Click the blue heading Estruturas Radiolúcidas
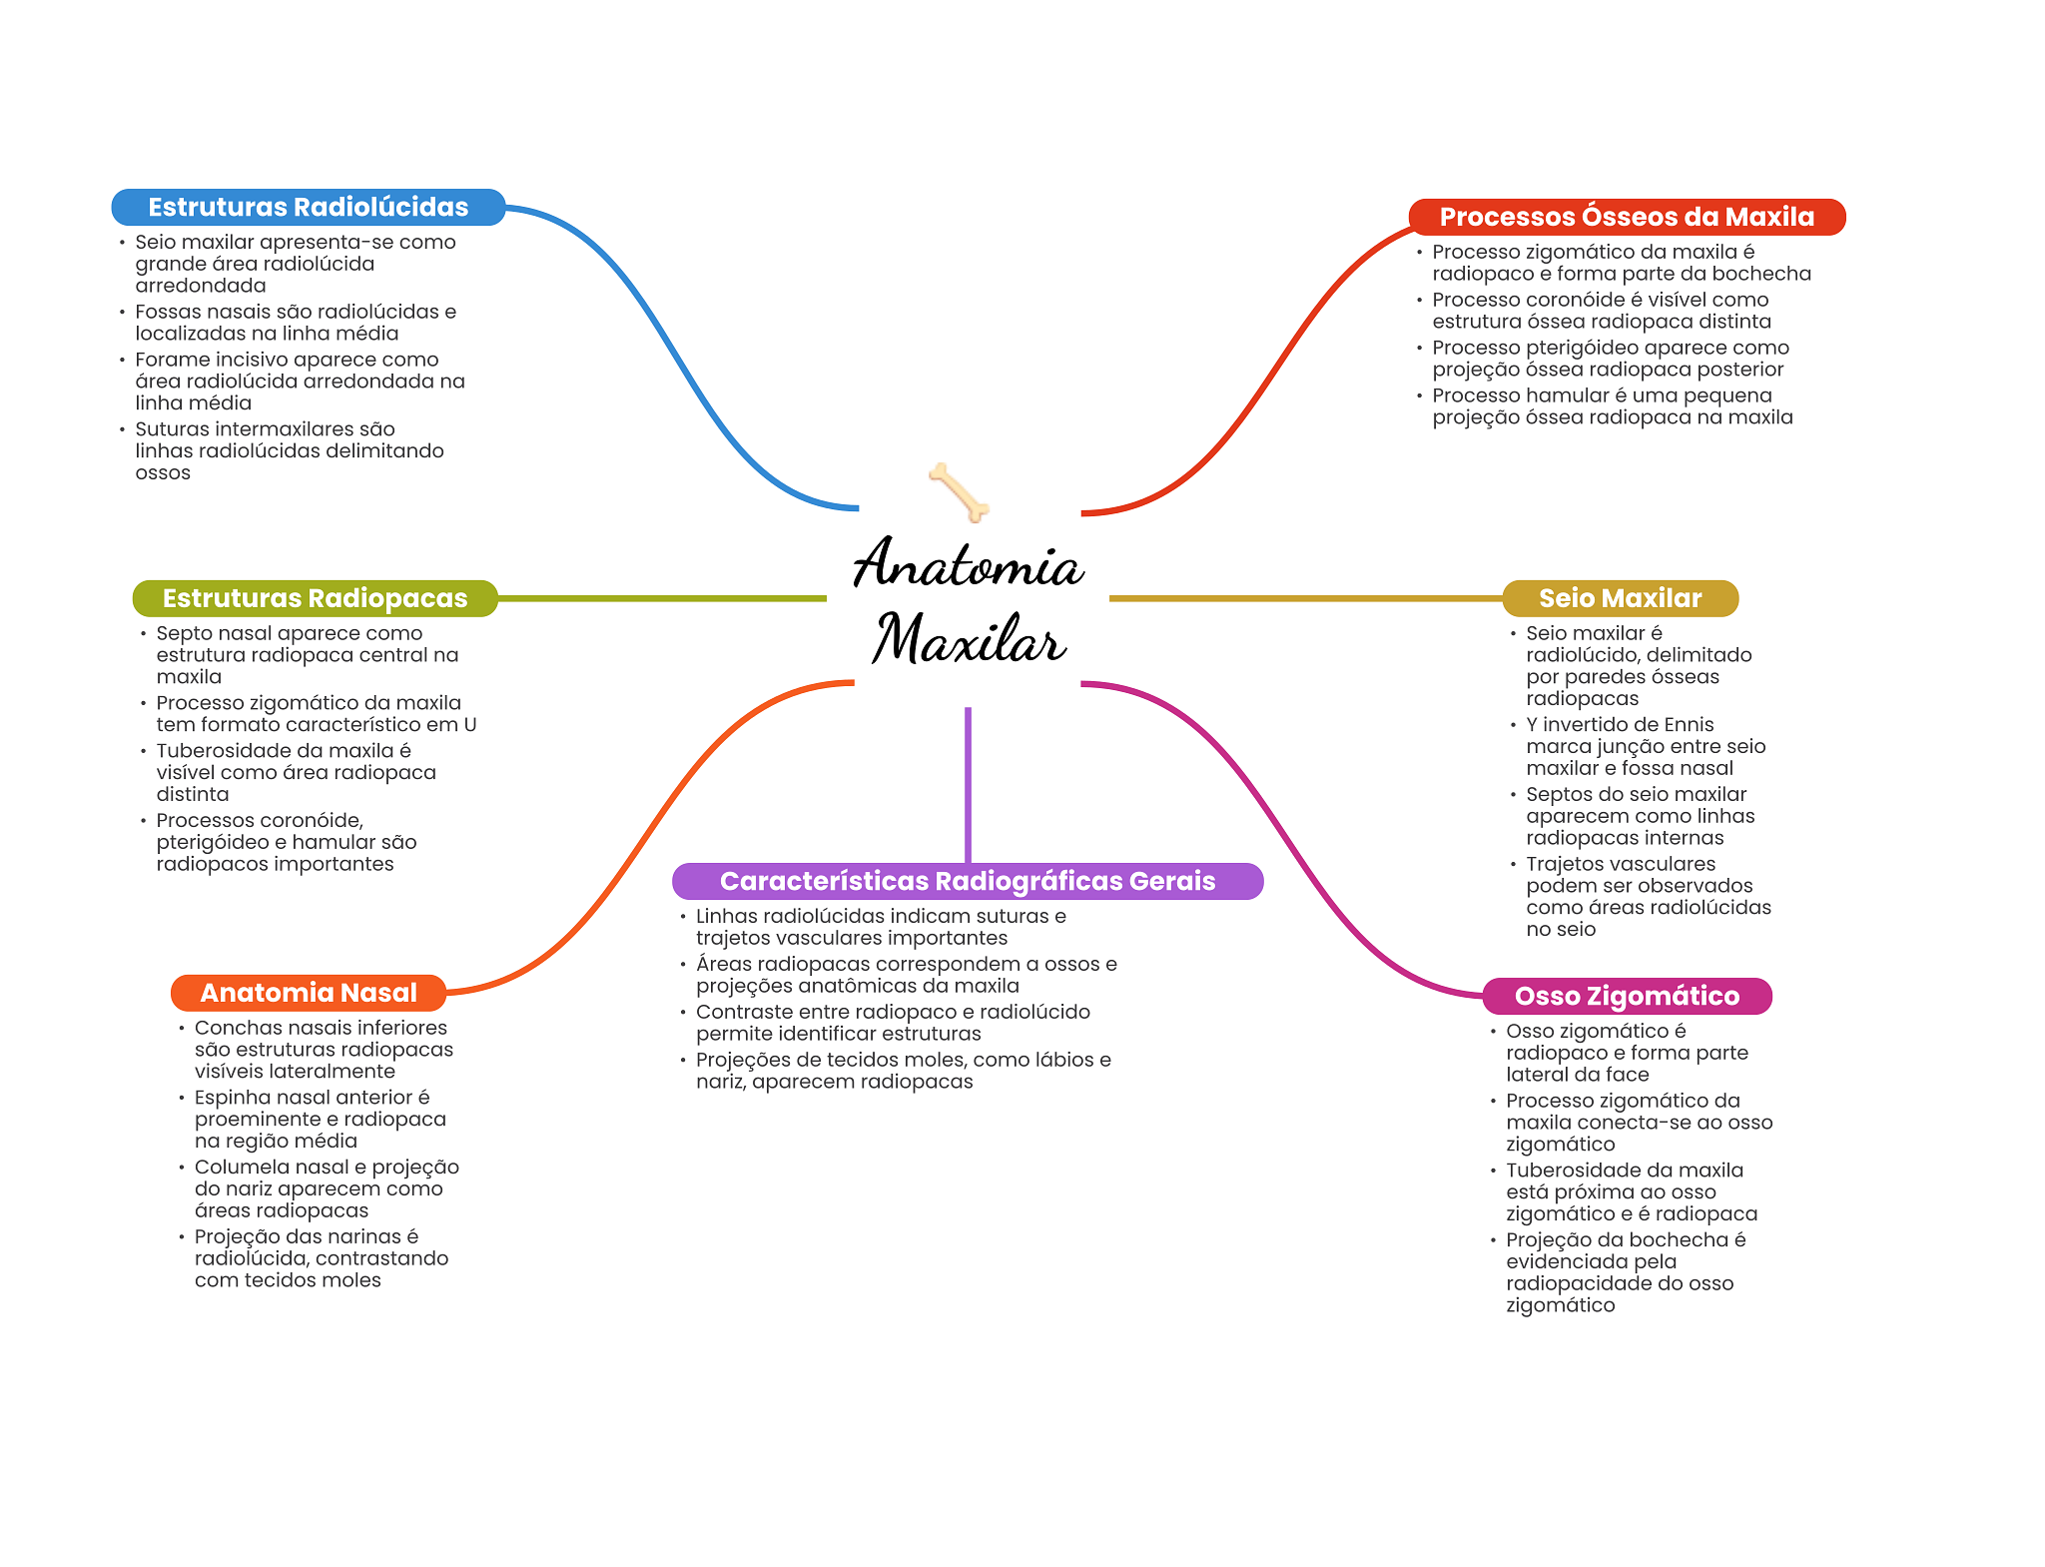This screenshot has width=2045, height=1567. pos(308,207)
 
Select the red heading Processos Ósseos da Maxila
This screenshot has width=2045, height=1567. pos(1626,217)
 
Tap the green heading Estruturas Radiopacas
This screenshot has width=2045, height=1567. pos(315,598)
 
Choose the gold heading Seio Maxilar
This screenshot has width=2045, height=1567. pos(1620,598)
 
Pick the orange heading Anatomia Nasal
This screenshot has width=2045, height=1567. pos(309,993)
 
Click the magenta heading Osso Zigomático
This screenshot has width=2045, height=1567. pos(1627,996)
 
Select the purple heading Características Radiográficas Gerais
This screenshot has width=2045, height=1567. pos(967,881)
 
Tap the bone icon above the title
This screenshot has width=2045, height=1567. pos(959,491)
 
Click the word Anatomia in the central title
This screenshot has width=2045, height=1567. pos(968,564)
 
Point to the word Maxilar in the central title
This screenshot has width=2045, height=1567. pos(969,639)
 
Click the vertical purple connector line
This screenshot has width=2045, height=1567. pos(968,784)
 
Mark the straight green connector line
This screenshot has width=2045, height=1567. pos(661,598)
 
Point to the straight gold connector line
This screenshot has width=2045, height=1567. pos(1305,598)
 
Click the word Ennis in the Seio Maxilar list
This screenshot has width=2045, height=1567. pos(1690,725)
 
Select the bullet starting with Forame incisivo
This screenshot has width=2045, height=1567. pos(300,381)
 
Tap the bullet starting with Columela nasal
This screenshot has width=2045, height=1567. pos(327,1188)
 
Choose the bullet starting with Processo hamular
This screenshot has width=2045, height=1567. pos(1612,406)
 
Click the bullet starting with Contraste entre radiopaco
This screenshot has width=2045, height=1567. pos(893,1023)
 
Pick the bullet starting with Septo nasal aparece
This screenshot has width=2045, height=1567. pos(307,655)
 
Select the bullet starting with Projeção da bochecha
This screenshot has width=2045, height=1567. pos(1625,1272)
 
